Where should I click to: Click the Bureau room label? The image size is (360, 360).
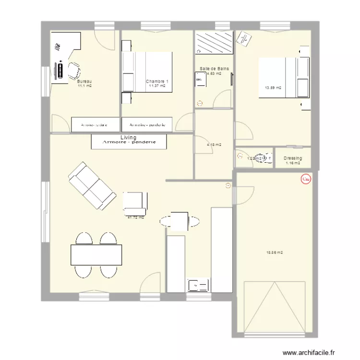84,82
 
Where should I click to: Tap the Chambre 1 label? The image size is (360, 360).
157,82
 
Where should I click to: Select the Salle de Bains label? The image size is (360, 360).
214,69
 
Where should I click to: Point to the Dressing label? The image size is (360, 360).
292,158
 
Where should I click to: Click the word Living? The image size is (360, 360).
129,138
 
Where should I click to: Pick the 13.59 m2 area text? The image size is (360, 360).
273,88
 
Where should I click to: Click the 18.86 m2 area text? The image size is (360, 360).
275,252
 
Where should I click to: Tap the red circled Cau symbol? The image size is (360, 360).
305,180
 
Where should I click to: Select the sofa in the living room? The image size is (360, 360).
92,186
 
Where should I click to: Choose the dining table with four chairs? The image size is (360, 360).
96,254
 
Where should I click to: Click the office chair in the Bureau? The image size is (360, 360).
73,71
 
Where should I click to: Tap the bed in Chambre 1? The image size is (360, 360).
147,72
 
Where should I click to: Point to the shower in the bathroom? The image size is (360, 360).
214,43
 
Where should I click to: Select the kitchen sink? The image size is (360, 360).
198,286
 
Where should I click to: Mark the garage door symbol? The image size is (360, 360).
275,307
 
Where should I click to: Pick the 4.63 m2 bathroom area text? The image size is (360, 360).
214,74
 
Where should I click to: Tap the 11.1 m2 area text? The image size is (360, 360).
84,86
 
